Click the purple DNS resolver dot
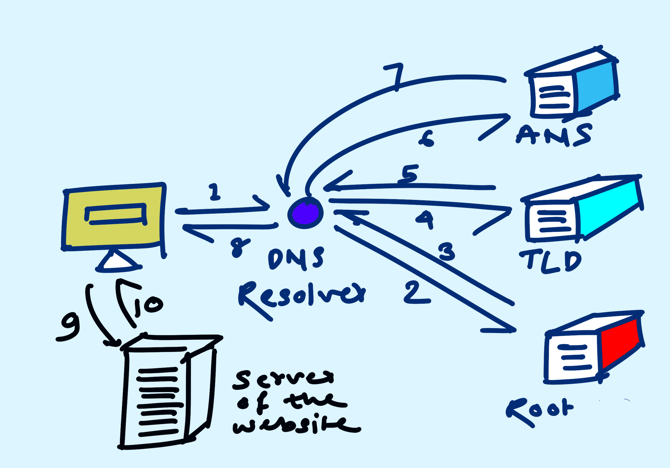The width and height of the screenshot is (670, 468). [305, 213]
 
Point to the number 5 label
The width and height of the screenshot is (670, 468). [409, 174]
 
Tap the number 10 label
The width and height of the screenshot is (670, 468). [148, 306]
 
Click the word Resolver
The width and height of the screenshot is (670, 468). [300, 298]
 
